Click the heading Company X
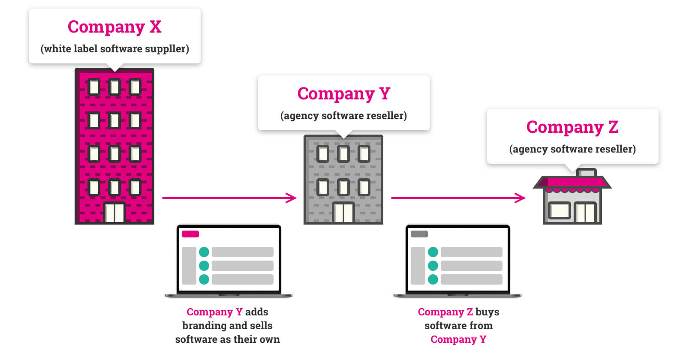(x=114, y=27)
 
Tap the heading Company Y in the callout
(x=343, y=94)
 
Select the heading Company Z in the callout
(x=572, y=127)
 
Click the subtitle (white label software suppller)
(x=114, y=49)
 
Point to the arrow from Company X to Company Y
(x=229, y=198)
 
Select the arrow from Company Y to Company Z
(x=458, y=198)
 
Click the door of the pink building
(x=114, y=213)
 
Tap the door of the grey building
(x=343, y=213)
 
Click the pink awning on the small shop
(x=572, y=183)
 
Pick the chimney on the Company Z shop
(x=587, y=172)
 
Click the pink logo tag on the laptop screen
(x=190, y=234)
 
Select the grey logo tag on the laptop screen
(x=419, y=234)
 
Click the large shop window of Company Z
(x=559, y=210)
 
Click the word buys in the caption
(x=487, y=312)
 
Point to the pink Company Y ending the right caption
(x=458, y=339)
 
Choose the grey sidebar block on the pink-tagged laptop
(x=189, y=266)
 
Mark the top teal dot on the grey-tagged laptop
(x=433, y=252)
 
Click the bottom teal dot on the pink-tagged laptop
(x=204, y=279)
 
